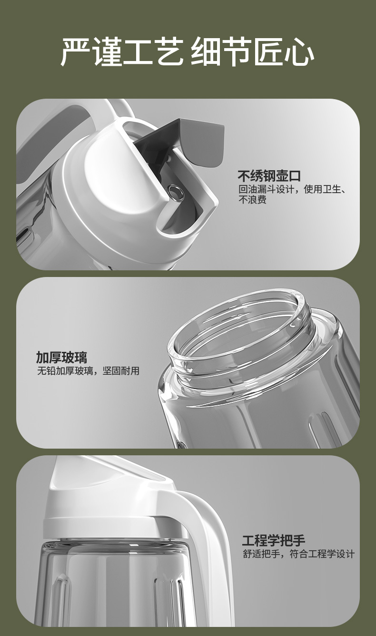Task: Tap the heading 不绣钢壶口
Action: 269,175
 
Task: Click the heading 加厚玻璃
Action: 61,357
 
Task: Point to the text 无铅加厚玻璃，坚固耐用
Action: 88,371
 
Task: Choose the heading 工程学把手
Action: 273,541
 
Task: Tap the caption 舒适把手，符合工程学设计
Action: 298,554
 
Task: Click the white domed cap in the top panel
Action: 109,191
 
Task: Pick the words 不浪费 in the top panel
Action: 252,200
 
